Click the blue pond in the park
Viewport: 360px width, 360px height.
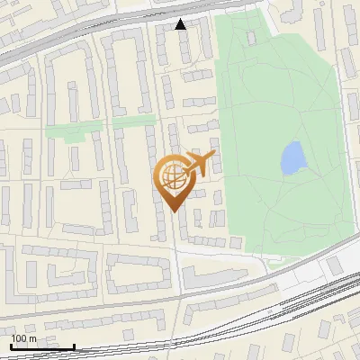[x=292, y=159]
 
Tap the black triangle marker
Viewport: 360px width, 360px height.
[x=181, y=24]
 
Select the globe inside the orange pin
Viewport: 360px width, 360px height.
[x=172, y=175]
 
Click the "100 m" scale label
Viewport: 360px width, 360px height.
[x=23, y=338]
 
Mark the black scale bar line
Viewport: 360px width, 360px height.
[x=42, y=346]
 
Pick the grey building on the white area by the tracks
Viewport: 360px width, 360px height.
[x=334, y=265]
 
